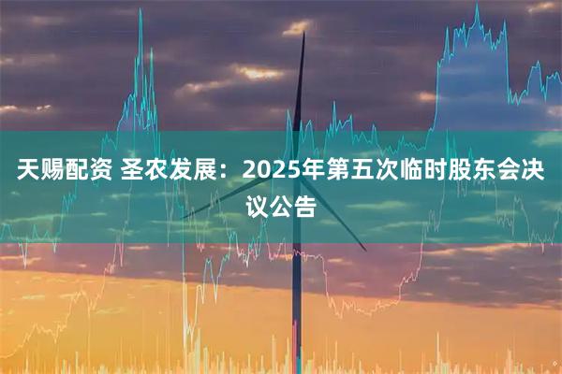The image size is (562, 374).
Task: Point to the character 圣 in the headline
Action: coord(130,174)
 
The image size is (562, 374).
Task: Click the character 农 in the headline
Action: coord(156,174)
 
